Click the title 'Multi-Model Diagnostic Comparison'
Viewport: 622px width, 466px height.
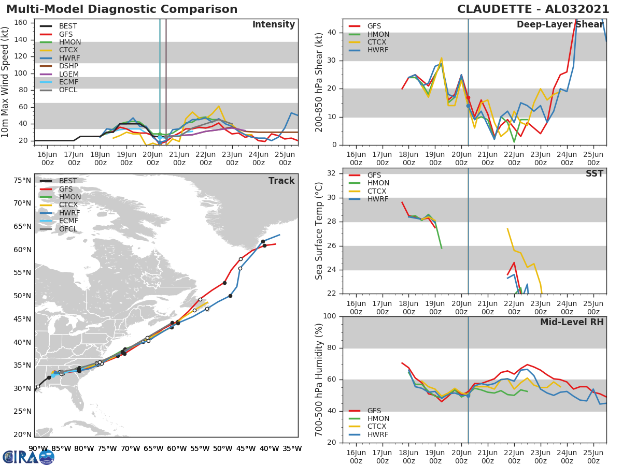click(x=122, y=9)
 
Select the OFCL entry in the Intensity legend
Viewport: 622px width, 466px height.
click(x=68, y=90)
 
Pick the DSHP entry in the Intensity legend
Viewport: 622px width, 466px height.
click(x=69, y=66)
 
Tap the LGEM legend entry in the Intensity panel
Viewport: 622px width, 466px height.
click(x=69, y=74)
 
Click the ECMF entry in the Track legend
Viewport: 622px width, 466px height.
click(x=68, y=221)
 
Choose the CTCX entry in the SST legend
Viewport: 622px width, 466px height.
click(x=378, y=191)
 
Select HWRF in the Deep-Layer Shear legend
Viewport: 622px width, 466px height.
click(x=378, y=50)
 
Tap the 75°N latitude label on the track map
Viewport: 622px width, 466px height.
click(x=22, y=181)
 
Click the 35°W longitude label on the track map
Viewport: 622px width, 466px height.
click(x=292, y=448)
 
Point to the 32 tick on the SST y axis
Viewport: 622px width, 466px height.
click(x=333, y=173)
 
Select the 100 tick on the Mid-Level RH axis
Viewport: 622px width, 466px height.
click(x=330, y=316)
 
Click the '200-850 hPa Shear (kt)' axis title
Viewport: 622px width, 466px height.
click(x=320, y=82)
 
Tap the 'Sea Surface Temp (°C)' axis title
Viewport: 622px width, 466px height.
click(x=320, y=230)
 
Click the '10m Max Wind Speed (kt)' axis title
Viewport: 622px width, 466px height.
click(x=6, y=82)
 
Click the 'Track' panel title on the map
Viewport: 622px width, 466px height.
click(x=281, y=181)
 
